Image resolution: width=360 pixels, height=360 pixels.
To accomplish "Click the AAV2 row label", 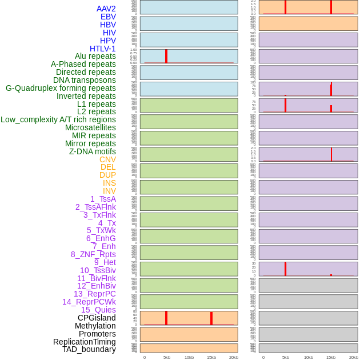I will click(106, 9).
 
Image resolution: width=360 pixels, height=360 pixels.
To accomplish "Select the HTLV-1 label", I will click(103, 49).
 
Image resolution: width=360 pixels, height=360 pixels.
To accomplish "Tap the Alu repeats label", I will click(95, 57).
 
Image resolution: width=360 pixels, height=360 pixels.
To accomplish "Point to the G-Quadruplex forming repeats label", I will click(61, 88).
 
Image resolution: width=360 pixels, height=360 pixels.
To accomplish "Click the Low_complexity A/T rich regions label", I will click(58, 119).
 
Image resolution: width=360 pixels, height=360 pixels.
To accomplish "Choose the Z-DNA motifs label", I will click(93, 151).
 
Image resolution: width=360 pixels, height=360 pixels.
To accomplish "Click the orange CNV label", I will click(107, 159).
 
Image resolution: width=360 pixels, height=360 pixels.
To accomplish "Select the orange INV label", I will click(109, 191).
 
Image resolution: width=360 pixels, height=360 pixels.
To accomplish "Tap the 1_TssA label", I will click(103, 199).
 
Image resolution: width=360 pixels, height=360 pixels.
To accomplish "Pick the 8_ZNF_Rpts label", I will click(93, 254).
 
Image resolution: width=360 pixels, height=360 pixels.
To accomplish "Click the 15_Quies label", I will click(98, 310).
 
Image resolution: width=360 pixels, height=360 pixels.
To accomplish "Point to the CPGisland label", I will click(97, 318).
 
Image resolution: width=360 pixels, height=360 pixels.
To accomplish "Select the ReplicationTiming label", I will click(85, 342).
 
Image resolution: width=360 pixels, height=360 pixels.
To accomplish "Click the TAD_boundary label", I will click(89, 349).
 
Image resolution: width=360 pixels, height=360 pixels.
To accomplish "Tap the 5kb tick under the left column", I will click(167, 357).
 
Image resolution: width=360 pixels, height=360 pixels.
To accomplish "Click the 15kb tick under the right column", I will click(331, 357).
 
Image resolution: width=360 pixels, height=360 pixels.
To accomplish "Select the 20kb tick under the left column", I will click(234, 357).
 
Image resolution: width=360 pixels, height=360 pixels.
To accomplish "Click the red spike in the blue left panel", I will click(166, 56).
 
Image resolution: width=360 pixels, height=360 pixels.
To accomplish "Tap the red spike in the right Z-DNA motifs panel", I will click(331, 154).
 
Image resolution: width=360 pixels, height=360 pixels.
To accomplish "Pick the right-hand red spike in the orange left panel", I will click(211, 318).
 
